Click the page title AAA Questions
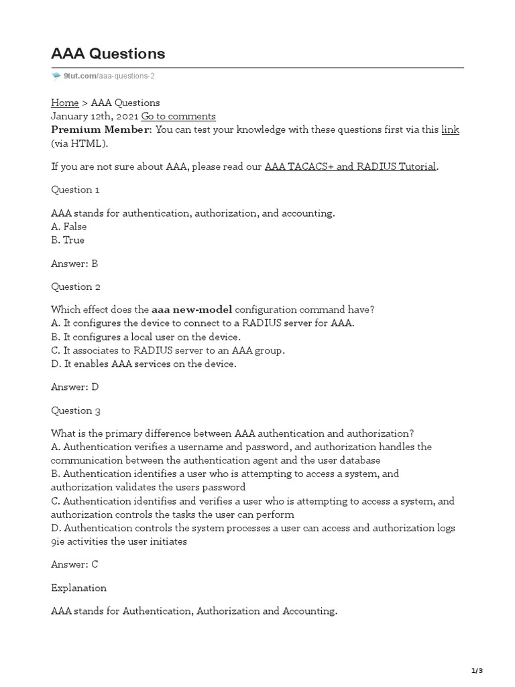click(x=108, y=54)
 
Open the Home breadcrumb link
click(x=64, y=103)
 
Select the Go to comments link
click(x=178, y=116)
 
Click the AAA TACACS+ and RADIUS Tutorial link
click(x=351, y=166)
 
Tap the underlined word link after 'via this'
click(x=450, y=129)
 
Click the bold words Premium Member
click(x=101, y=129)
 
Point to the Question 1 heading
click(x=76, y=190)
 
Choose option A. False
click(x=69, y=227)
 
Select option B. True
click(x=68, y=240)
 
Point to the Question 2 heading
click(x=76, y=287)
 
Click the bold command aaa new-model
click(x=192, y=310)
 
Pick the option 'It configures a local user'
click(x=145, y=337)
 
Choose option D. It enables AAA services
click(x=144, y=364)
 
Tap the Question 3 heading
click(x=76, y=411)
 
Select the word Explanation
click(x=78, y=588)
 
